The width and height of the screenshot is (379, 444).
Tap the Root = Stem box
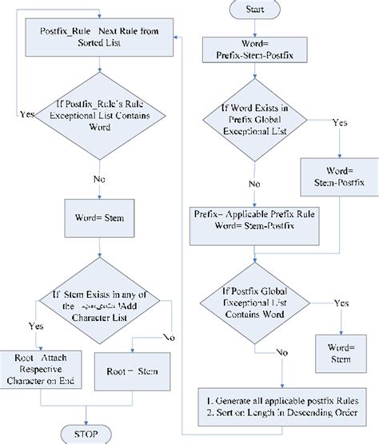tap(132, 371)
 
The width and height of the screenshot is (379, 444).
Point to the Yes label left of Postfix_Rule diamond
tap(26, 114)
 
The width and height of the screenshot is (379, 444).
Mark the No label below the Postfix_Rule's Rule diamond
tap(98, 179)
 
